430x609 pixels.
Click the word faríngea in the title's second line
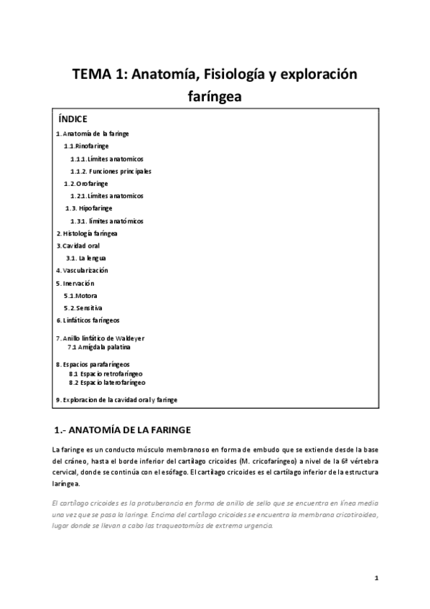(x=215, y=96)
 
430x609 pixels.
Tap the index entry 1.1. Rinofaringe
(x=85, y=146)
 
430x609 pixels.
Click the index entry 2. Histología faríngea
(x=87, y=233)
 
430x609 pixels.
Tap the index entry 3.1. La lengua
(x=86, y=258)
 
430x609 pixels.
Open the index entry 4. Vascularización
(x=82, y=270)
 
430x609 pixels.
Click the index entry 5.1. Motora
(x=80, y=295)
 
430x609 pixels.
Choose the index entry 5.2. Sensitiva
(x=83, y=307)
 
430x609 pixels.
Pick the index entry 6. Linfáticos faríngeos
(x=88, y=320)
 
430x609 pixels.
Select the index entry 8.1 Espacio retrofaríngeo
(x=106, y=373)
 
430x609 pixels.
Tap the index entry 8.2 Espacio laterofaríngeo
(x=107, y=382)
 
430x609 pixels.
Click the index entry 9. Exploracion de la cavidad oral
(x=116, y=399)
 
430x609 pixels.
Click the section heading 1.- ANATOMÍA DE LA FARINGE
(x=122, y=430)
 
